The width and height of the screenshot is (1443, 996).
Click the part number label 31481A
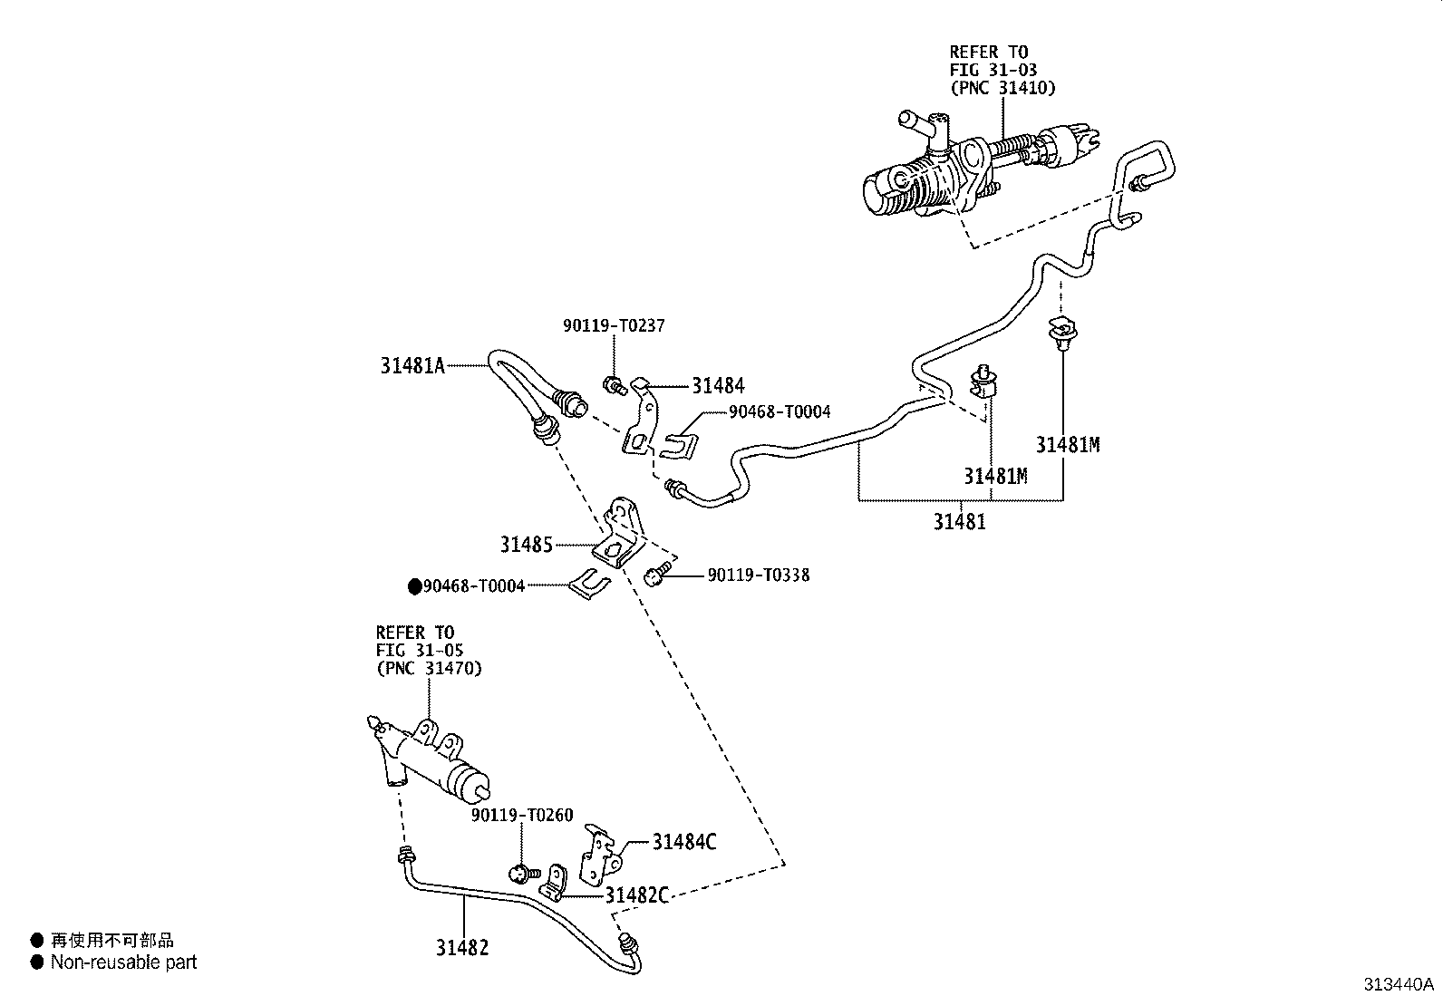(x=412, y=366)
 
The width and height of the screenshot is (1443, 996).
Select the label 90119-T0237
(x=614, y=325)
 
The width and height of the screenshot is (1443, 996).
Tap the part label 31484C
(x=683, y=842)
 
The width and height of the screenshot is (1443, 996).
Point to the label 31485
(x=526, y=545)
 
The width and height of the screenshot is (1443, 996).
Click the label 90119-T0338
(x=758, y=575)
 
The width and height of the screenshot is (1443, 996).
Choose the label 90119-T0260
(x=522, y=816)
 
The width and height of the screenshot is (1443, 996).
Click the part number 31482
(x=462, y=948)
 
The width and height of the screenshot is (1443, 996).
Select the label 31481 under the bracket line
(x=959, y=522)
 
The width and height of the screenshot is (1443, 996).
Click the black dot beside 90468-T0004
(x=415, y=586)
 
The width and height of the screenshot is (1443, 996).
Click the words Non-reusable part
(x=123, y=962)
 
